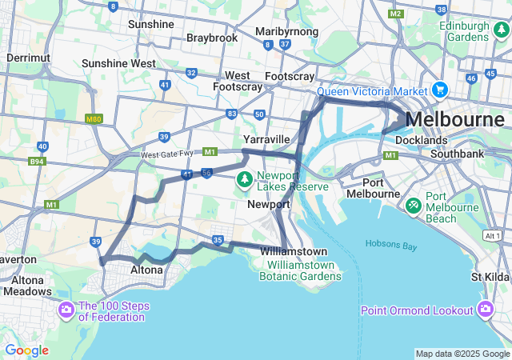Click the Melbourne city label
pyautogui.click(x=455, y=119)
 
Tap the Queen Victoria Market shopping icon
pyautogui.click(x=439, y=89)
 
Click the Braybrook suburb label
pyautogui.click(x=212, y=38)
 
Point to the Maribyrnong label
pyautogui.click(x=287, y=31)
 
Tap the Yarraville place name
pyautogui.click(x=266, y=138)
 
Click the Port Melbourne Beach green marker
pyautogui.click(x=414, y=206)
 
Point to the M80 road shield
pyautogui.click(x=94, y=118)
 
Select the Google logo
pyautogui.click(x=26, y=350)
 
